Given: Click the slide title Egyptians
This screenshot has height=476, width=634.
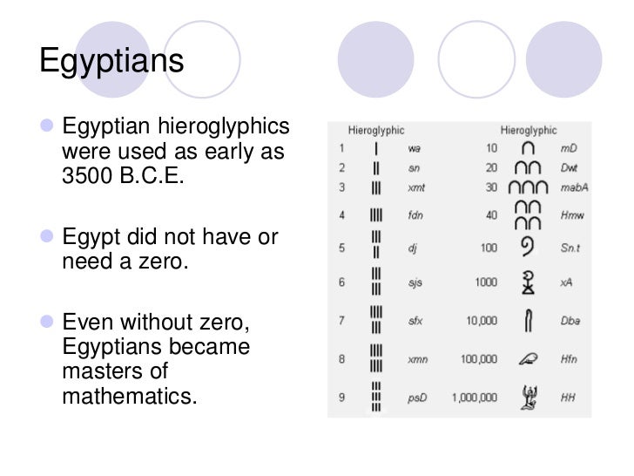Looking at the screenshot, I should pyautogui.click(x=112, y=62).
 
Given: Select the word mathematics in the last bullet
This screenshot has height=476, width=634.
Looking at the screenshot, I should pyautogui.click(x=130, y=396).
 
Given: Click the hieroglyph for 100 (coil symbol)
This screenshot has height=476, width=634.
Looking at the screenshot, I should pyautogui.click(x=528, y=248).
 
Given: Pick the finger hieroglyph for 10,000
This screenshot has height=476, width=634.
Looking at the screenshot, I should pyautogui.click(x=528, y=321).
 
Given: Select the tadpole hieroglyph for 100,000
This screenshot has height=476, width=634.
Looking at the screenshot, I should pyautogui.click(x=528, y=358).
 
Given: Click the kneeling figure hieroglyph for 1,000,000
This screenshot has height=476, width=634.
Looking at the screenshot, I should pyautogui.click(x=528, y=397).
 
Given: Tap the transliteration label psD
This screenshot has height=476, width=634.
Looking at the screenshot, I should pyautogui.click(x=416, y=398).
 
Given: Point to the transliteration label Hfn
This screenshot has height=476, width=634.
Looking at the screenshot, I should pyautogui.click(x=569, y=359).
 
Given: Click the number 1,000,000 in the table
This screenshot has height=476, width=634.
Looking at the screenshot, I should pyautogui.click(x=474, y=398).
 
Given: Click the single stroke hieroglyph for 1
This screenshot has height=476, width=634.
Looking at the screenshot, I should pyautogui.click(x=376, y=148).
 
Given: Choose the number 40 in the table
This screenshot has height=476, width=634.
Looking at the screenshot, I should pyautogui.click(x=491, y=214).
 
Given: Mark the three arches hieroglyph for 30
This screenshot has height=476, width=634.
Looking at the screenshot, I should pyautogui.click(x=528, y=187).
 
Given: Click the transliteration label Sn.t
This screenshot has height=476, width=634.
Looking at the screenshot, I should pyautogui.click(x=570, y=248).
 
